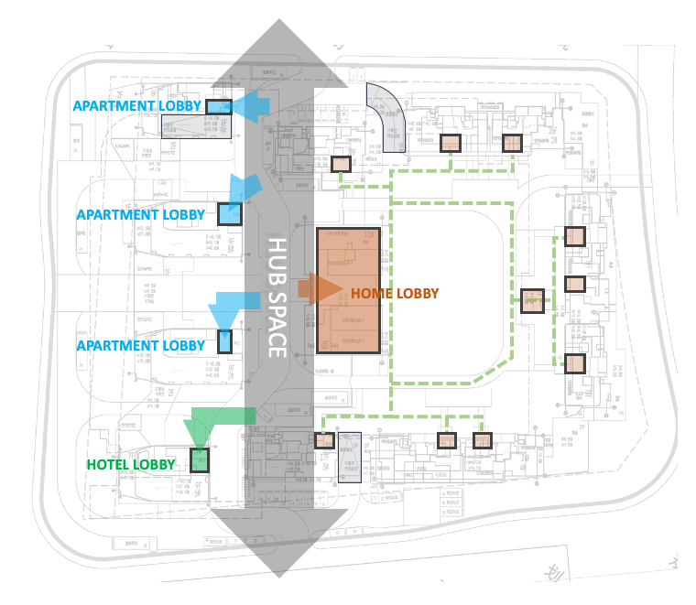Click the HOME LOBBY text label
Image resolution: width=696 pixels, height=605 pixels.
(x=394, y=294)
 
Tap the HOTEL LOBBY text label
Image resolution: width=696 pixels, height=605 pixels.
(x=131, y=465)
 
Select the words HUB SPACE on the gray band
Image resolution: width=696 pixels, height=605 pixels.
(x=277, y=297)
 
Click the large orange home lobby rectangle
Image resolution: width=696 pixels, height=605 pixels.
(x=348, y=290)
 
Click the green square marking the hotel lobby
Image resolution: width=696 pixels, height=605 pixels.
(x=200, y=459)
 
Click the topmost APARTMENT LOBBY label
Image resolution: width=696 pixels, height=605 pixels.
(x=137, y=106)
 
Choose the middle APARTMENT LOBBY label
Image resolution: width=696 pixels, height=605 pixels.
(x=141, y=215)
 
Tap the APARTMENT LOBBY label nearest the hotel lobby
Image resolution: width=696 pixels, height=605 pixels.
(x=141, y=346)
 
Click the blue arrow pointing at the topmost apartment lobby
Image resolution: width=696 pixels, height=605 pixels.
(x=251, y=106)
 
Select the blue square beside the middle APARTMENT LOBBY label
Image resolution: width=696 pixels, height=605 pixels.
(x=229, y=214)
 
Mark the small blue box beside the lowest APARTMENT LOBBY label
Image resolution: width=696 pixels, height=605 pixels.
(x=225, y=341)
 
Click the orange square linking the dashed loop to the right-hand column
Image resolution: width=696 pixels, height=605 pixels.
(x=532, y=300)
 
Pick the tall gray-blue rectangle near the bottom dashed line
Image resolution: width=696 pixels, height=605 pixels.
(x=350, y=457)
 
